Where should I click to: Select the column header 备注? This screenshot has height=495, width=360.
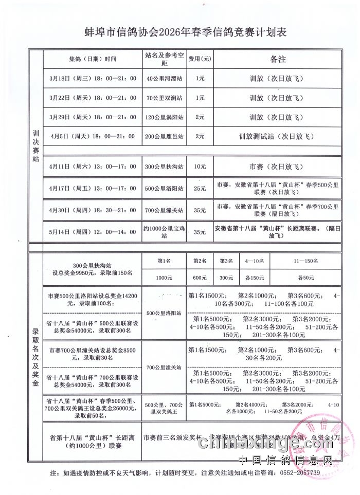(x=277, y=59)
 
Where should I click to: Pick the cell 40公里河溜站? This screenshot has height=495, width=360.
(x=165, y=79)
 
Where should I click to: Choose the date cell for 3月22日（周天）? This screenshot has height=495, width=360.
(x=93, y=98)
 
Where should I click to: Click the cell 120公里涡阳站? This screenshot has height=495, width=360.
(x=165, y=117)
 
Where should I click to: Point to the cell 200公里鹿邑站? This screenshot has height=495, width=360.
(x=165, y=137)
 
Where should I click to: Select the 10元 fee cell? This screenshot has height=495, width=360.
(x=200, y=167)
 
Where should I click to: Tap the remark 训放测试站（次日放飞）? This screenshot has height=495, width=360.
(x=277, y=137)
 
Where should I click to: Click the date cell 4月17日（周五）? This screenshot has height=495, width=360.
(x=93, y=189)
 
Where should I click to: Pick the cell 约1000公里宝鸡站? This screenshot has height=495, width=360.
(x=165, y=232)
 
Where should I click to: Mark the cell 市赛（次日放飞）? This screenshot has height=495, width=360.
(x=277, y=167)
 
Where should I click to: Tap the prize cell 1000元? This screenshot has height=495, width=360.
(x=165, y=278)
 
